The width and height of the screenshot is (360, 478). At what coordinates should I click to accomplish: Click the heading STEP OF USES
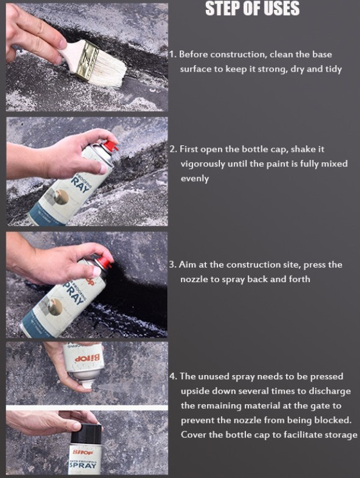tap(252, 8)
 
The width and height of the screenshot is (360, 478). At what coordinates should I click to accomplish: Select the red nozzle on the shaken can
tap(110, 146)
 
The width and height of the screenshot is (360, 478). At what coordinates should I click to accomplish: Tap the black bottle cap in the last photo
tap(87, 433)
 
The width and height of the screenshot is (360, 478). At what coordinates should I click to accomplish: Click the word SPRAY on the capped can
tap(83, 465)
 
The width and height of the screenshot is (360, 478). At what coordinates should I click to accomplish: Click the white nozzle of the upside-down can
tap(88, 384)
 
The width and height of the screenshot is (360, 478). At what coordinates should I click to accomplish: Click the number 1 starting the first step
tap(172, 55)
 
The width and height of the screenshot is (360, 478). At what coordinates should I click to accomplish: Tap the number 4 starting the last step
tap(173, 376)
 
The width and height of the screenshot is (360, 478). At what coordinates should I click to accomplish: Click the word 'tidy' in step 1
tap(333, 69)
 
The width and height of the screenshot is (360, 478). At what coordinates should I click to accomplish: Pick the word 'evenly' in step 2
tap(195, 179)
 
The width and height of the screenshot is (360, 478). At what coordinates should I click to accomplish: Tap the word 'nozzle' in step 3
tap(194, 279)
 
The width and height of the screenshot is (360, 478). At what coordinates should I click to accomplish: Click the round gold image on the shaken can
tap(61, 197)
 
